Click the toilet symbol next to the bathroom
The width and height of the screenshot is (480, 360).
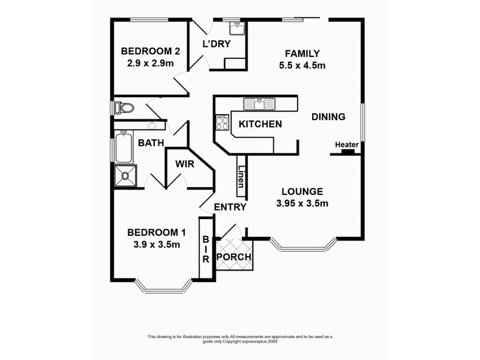point(123,107)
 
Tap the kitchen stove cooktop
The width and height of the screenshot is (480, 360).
point(222,124)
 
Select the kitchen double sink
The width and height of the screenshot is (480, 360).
point(259,104)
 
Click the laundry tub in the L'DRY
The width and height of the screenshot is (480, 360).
point(236,28)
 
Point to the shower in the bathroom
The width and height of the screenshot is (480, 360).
point(125,175)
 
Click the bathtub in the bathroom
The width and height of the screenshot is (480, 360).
point(124,148)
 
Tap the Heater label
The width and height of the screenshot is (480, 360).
point(346,145)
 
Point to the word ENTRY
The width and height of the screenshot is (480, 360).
point(230,208)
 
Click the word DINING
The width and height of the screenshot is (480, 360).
point(328,117)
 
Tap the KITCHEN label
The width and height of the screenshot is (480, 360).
point(260,124)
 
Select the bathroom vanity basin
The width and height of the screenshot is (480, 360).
point(153,125)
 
